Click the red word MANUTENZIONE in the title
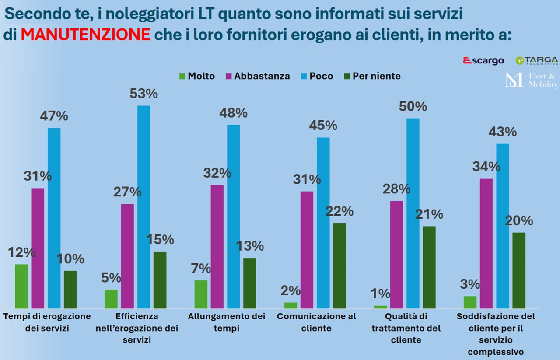(85, 35)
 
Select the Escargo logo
(483, 61)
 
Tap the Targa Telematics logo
(536, 61)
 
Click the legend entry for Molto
(197, 76)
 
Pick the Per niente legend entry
(371, 76)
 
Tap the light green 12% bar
(21, 286)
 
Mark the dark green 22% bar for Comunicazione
(339, 266)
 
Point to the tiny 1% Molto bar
(380, 307)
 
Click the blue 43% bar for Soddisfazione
(503, 226)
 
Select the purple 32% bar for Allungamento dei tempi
(217, 247)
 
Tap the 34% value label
(486, 167)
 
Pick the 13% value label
(250, 246)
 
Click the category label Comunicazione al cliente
(316, 322)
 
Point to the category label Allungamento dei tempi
(226, 322)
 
